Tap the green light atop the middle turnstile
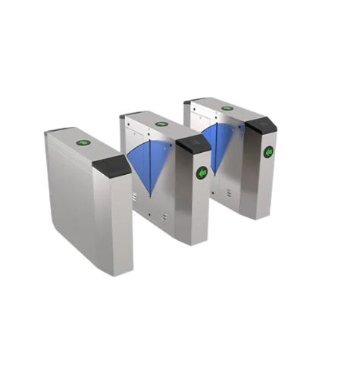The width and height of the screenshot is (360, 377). (x=161, y=123)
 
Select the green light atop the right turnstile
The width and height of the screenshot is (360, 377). (x=227, y=107)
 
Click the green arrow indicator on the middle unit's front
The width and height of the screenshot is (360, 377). (x=202, y=173)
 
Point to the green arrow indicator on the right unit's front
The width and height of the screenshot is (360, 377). (x=268, y=152)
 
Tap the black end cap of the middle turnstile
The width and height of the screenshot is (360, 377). (x=193, y=145)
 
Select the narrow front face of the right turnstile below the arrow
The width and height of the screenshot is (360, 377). (x=265, y=189)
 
